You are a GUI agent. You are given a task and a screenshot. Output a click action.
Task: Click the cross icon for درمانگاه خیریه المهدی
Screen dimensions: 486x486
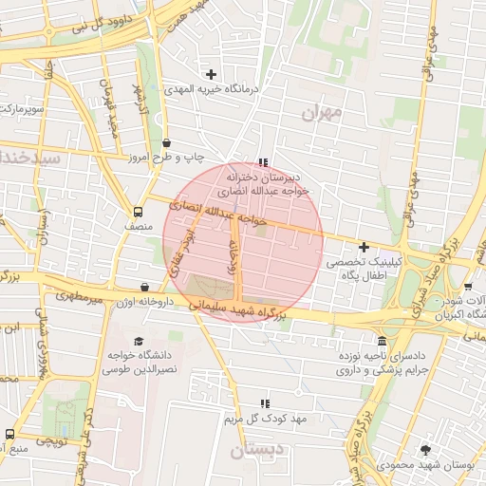211,74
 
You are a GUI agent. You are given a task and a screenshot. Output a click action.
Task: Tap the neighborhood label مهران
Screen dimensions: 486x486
321,113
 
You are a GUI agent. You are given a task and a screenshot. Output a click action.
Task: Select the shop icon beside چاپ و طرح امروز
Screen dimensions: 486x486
166,142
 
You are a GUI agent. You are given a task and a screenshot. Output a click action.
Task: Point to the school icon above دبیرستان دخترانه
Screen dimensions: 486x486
263,162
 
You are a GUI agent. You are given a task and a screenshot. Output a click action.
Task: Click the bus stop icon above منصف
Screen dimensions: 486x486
139,213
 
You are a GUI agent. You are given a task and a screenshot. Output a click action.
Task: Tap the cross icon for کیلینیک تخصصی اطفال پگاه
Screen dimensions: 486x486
364,246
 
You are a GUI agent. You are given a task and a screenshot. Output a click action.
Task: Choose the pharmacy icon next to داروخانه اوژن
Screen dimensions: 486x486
144,287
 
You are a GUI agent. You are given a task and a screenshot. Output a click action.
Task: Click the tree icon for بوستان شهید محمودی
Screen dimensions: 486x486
423,450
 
